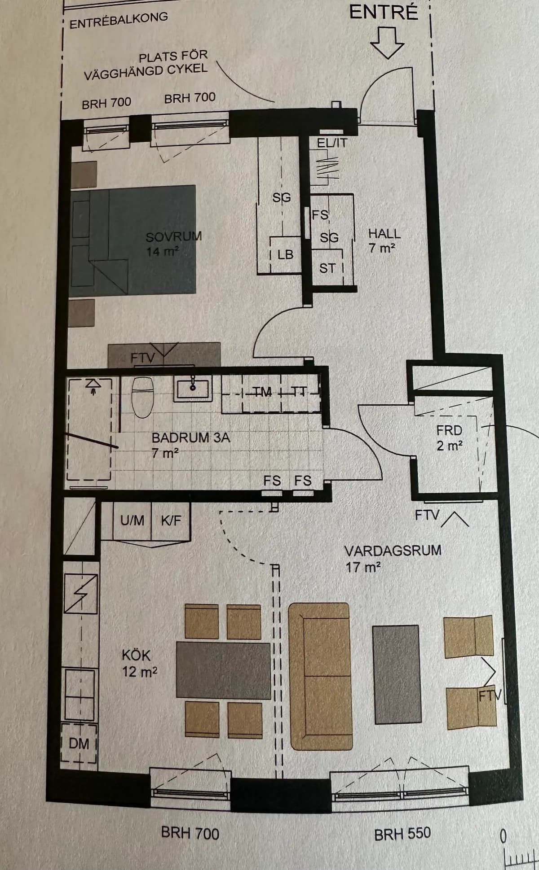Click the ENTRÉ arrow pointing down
[x=387, y=43]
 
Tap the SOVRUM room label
[x=173, y=236]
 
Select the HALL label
[x=384, y=233]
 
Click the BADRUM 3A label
[x=190, y=437]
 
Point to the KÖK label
[x=136, y=656]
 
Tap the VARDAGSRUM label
[x=393, y=551]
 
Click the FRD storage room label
[x=449, y=431]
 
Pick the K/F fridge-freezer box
[x=171, y=521]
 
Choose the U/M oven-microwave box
[x=132, y=521]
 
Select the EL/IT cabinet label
[x=332, y=143]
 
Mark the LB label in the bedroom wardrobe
[x=285, y=255]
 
